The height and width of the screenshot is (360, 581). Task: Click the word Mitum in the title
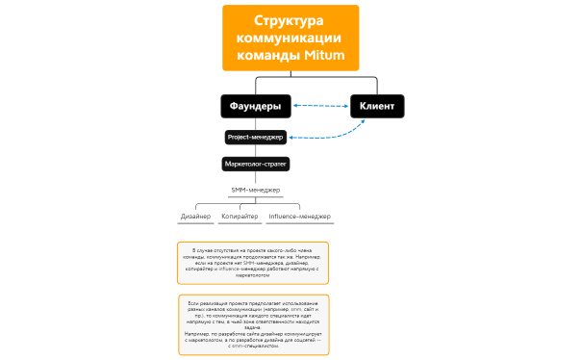pos(324,55)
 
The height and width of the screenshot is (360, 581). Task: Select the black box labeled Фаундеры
pos(255,105)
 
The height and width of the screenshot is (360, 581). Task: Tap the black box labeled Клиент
pos(376,105)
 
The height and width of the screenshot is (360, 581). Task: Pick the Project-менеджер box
pos(255,137)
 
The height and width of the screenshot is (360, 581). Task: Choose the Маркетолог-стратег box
pos(256,164)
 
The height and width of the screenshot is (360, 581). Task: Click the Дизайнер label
pos(196,217)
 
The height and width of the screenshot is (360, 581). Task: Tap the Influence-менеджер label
pos(298,217)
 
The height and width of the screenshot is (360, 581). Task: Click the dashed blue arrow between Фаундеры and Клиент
pos(320,105)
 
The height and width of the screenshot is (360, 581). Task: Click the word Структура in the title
pos(290,21)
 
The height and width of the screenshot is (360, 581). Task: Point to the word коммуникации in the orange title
pos(290,38)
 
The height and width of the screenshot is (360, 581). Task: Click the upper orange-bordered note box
pos(253,262)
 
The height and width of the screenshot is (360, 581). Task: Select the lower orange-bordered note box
pos(253,324)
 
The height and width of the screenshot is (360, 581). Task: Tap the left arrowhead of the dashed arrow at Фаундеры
pos(294,105)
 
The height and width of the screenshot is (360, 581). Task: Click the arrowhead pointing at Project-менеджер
pos(291,138)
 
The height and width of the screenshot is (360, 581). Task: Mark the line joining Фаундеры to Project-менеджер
pos(255,123)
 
